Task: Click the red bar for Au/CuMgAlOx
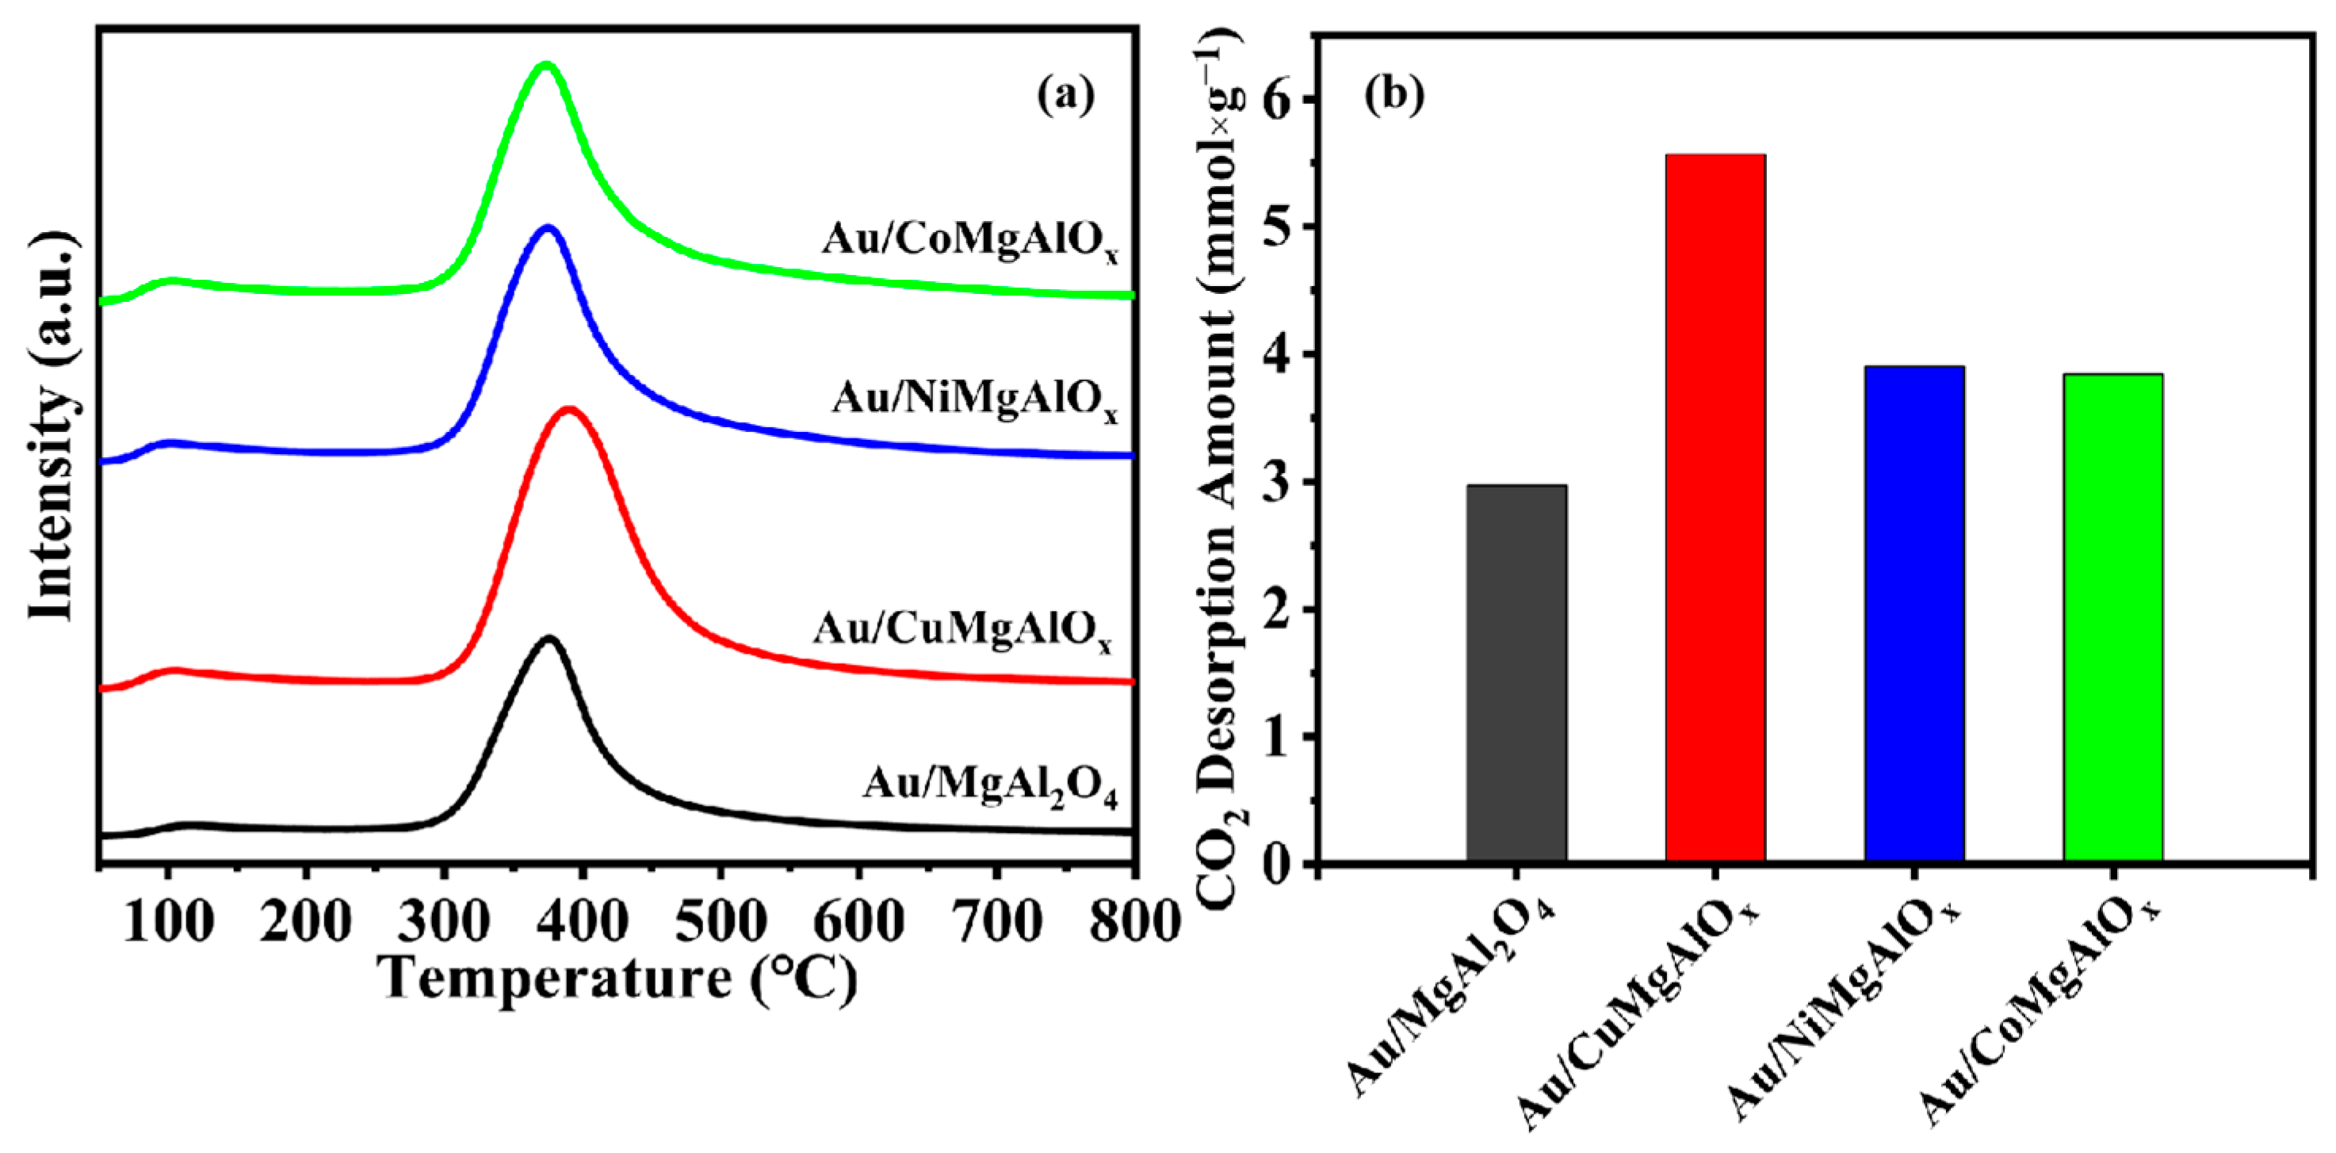tap(1715, 508)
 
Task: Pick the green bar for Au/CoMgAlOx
tap(2113, 617)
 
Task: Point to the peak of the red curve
tap(568, 410)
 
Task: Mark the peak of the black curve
tap(549, 639)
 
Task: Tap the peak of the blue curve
tap(548, 228)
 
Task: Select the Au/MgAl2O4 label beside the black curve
tap(989, 785)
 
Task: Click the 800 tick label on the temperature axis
tap(1134, 922)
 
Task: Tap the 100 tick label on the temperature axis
tap(169, 922)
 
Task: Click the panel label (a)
tap(1065, 94)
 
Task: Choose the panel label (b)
tap(1394, 94)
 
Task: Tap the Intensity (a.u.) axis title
tap(52, 426)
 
